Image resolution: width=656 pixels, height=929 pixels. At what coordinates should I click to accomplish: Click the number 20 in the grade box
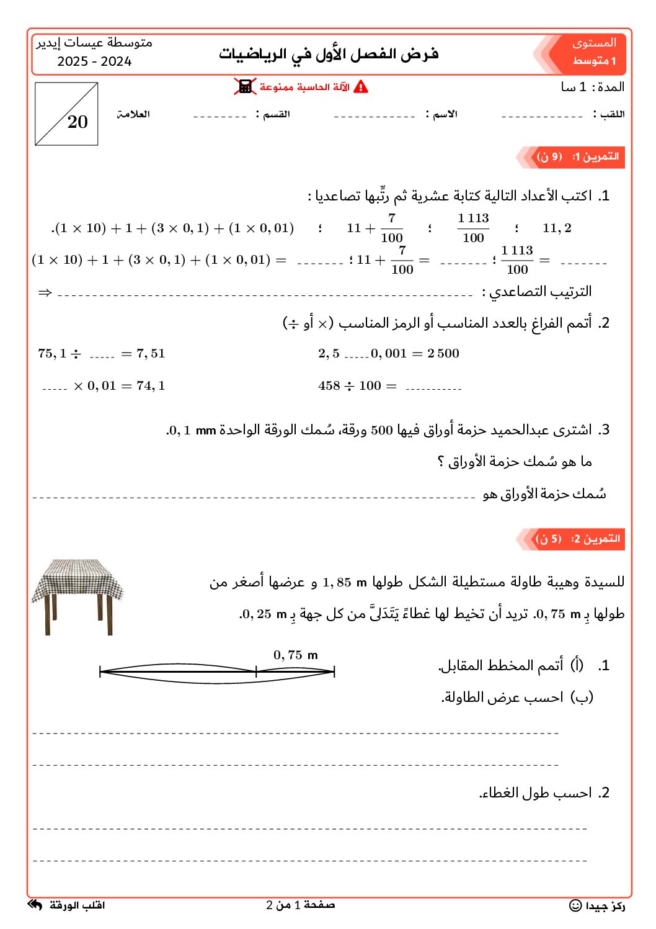click(x=78, y=122)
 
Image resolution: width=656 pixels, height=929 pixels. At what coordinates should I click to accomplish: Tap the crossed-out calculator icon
click(x=245, y=87)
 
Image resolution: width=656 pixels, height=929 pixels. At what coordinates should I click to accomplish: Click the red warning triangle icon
click(x=361, y=87)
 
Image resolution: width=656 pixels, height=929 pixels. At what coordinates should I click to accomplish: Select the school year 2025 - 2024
click(x=94, y=61)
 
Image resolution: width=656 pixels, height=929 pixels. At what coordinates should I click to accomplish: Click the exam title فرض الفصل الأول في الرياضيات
click(x=329, y=54)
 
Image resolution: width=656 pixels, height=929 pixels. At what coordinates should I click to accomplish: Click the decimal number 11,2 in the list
click(x=557, y=228)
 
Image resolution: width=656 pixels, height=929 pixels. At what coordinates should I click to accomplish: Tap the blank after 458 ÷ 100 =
click(x=433, y=387)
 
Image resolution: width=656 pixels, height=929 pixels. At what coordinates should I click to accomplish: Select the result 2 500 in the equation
click(x=443, y=354)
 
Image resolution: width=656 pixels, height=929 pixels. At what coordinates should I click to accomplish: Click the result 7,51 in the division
click(x=151, y=354)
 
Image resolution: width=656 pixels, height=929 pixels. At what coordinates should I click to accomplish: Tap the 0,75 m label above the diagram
click(x=295, y=655)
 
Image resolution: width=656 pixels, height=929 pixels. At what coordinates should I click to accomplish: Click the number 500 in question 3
click(x=382, y=430)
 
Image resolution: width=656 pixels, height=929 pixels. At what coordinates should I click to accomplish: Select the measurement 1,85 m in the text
click(x=345, y=583)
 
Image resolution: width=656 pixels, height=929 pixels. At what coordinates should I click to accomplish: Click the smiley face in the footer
click(x=575, y=906)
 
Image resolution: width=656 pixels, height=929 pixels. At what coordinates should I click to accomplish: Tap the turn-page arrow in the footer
click(x=35, y=905)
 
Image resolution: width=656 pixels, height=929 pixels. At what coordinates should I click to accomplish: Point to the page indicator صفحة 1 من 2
click(x=301, y=905)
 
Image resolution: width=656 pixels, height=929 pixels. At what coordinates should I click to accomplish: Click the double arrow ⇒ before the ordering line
click(x=45, y=292)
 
